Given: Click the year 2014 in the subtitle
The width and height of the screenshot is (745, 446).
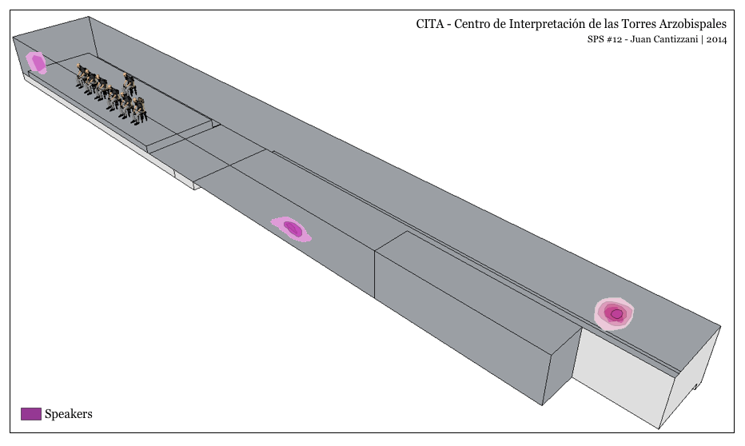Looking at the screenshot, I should tap(716, 41).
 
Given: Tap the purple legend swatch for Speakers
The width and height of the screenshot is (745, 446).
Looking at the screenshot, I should tap(30, 413).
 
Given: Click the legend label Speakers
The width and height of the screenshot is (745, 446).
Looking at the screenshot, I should tap(69, 413).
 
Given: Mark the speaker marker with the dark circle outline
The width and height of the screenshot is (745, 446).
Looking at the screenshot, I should tap(615, 313).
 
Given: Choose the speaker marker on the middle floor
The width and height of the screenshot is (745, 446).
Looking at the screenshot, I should tap(292, 229).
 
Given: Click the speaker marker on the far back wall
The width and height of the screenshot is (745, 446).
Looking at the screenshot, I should tap(37, 62).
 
